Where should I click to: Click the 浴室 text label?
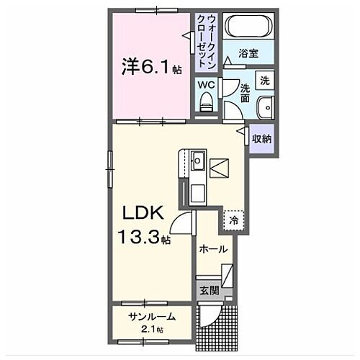(248, 53)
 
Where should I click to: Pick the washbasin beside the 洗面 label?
(265, 104)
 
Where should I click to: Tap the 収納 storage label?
(261, 139)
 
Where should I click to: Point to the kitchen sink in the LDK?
(197, 158)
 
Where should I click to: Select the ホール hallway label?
(213, 249)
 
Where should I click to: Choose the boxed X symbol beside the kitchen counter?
(220, 168)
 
